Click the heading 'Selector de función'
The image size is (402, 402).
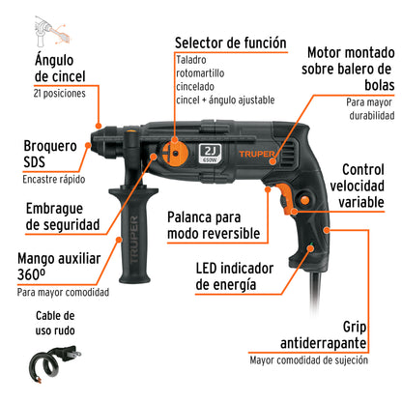pos(230,43)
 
